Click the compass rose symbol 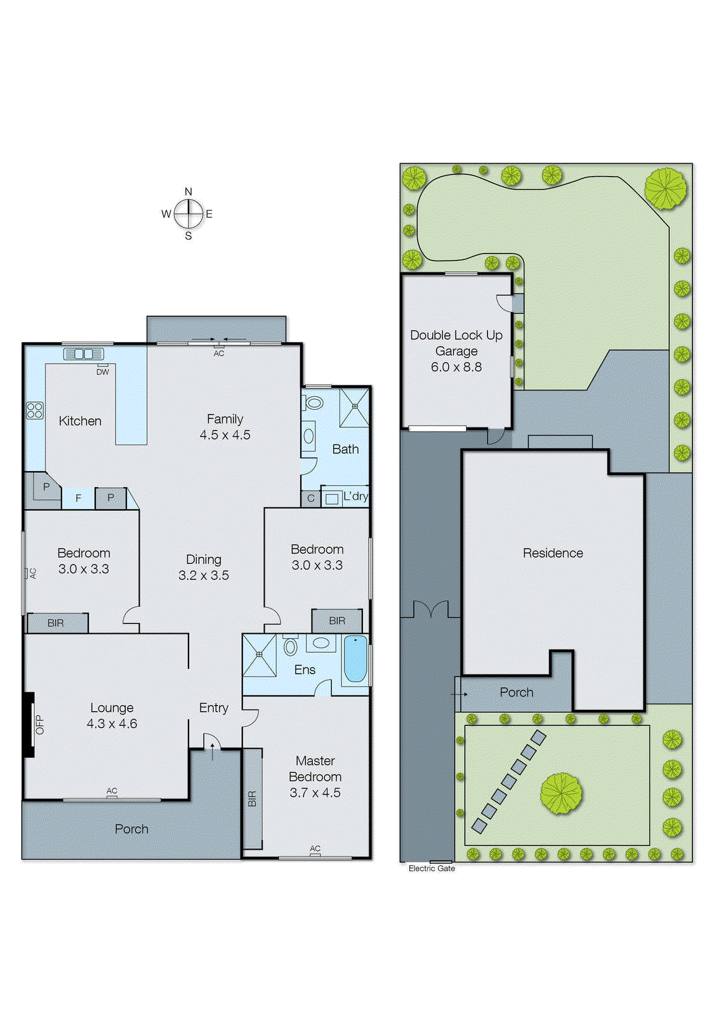pos(188,214)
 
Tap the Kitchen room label pos(80,421)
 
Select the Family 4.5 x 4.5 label pos(225,427)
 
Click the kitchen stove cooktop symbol pos(35,410)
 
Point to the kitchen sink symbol pos(83,354)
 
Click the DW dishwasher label pos(103,371)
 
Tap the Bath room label pos(345,449)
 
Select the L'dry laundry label pos(355,496)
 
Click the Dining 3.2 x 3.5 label pos(204,567)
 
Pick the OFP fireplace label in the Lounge pos(39,725)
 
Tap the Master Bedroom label pos(315,776)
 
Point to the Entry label pos(213,707)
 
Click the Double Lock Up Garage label pos(456,351)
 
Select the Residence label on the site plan pos(553,553)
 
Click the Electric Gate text pos(432,868)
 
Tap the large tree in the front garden pos(561,793)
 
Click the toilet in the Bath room pos(313,403)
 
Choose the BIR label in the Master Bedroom pos(252,799)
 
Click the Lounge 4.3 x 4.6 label pos(112,716)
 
